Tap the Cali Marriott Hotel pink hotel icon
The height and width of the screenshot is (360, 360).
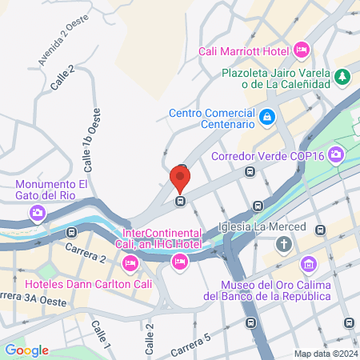302,50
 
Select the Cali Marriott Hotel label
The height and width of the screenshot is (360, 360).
244,51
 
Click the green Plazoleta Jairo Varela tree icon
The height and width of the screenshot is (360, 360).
342,77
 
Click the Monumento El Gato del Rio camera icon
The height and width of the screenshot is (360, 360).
37,213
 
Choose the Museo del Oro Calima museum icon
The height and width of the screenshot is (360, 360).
308,264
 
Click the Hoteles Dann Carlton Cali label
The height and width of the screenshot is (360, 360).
71,282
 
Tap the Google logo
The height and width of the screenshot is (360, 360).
26,350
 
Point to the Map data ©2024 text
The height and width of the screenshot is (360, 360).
324,353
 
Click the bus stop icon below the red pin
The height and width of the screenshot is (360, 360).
181,201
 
